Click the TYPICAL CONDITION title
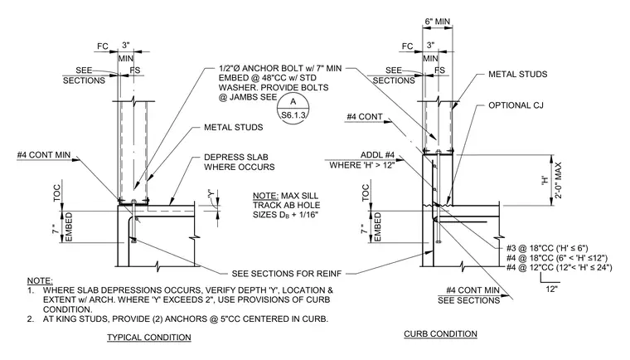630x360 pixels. tap(149, 338)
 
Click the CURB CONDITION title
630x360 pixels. tap(440, 333)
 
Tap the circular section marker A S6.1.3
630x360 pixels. tap(293, 108)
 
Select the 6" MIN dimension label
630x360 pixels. tap(438, 22)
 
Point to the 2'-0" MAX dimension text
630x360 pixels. tap(558, 181)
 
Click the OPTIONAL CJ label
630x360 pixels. tap(516, 105)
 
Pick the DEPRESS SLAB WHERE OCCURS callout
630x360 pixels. tap(240, 162)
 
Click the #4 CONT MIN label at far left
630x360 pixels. tap(44, 155)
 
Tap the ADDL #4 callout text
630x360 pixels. tap(377, 155)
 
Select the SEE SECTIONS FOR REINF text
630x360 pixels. tap(287, 274)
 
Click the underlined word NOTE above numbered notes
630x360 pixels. tap(40, 280)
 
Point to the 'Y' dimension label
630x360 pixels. tap(211, 193)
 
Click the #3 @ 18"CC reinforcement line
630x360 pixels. tap(547, 248)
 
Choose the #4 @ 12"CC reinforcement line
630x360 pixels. tap(560, 267)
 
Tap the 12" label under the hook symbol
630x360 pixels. tap(551, 289)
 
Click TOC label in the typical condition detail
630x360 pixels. tap(56, 193)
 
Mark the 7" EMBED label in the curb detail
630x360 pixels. tap(371, 227)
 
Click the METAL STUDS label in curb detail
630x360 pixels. tap(517, 75)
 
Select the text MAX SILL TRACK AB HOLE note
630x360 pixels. tap(287, 205)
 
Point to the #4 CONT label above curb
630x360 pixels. tap(365, 117)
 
